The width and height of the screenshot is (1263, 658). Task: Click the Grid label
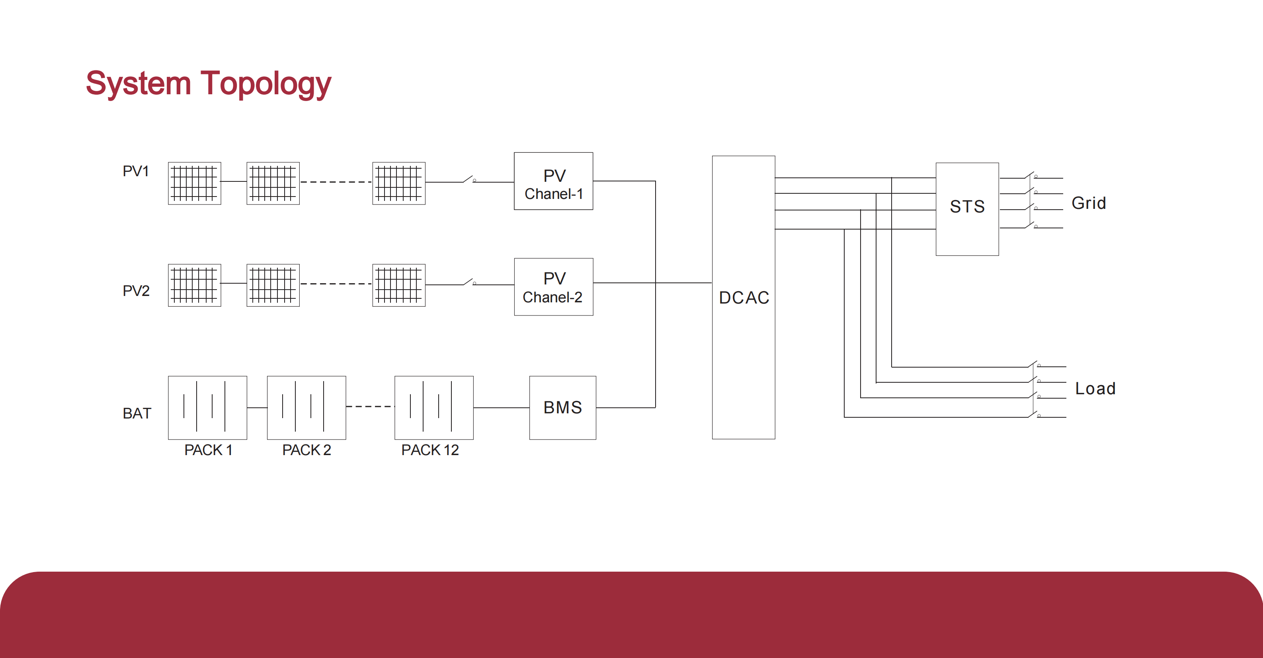tap(1088, 203)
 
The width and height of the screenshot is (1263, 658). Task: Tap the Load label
tap(1095, 389)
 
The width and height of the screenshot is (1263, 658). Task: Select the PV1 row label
tap(135, 171)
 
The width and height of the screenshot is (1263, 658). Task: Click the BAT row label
tap(137, 413)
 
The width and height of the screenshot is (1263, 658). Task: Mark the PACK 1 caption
tap(208, 450)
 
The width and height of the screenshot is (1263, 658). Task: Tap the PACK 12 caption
tap(429, 450)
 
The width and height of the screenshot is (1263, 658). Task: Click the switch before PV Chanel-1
tap(468, 179)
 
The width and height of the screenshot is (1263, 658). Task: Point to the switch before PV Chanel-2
tap(468, 282)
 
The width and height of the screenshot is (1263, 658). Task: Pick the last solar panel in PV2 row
tap(398, 285)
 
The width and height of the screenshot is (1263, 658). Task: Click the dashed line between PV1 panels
tap(336, 182)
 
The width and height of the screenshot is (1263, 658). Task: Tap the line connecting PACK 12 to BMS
tap(501, 408)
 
